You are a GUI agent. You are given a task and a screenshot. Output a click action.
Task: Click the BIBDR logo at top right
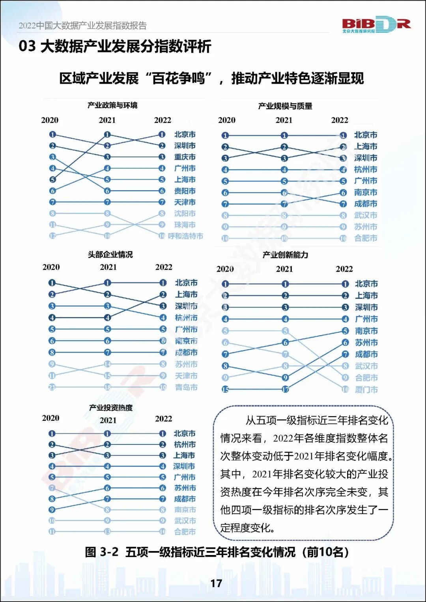376,24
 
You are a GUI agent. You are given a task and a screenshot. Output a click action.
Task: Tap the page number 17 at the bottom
216,583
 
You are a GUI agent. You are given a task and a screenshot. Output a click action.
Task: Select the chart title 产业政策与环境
112,105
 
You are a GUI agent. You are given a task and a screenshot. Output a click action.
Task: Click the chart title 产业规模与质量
285,106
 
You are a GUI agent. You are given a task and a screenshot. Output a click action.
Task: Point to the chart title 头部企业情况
110,255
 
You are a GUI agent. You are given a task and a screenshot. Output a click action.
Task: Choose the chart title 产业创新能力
285,255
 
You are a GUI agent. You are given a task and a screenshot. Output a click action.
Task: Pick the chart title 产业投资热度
111,407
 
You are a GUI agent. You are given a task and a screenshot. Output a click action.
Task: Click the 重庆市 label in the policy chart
185,157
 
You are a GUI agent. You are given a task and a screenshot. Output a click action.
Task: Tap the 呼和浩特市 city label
185,236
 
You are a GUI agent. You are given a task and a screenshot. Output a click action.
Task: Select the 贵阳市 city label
185,191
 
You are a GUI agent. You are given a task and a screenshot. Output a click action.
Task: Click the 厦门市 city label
366,390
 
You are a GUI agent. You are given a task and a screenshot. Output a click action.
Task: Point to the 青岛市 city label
186,387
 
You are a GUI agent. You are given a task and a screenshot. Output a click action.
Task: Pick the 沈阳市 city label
185,214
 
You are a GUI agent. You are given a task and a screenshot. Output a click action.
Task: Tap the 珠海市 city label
185,225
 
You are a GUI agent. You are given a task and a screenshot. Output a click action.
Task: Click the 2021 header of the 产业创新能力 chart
284,269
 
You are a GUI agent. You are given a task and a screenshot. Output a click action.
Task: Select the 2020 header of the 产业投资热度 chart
50,418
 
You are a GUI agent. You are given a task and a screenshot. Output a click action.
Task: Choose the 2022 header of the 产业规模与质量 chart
340,120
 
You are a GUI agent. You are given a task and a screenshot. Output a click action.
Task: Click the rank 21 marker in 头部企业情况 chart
52,387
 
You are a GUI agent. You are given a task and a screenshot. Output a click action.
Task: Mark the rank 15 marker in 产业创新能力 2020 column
225,390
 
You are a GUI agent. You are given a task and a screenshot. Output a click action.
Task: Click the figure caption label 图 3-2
101,552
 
